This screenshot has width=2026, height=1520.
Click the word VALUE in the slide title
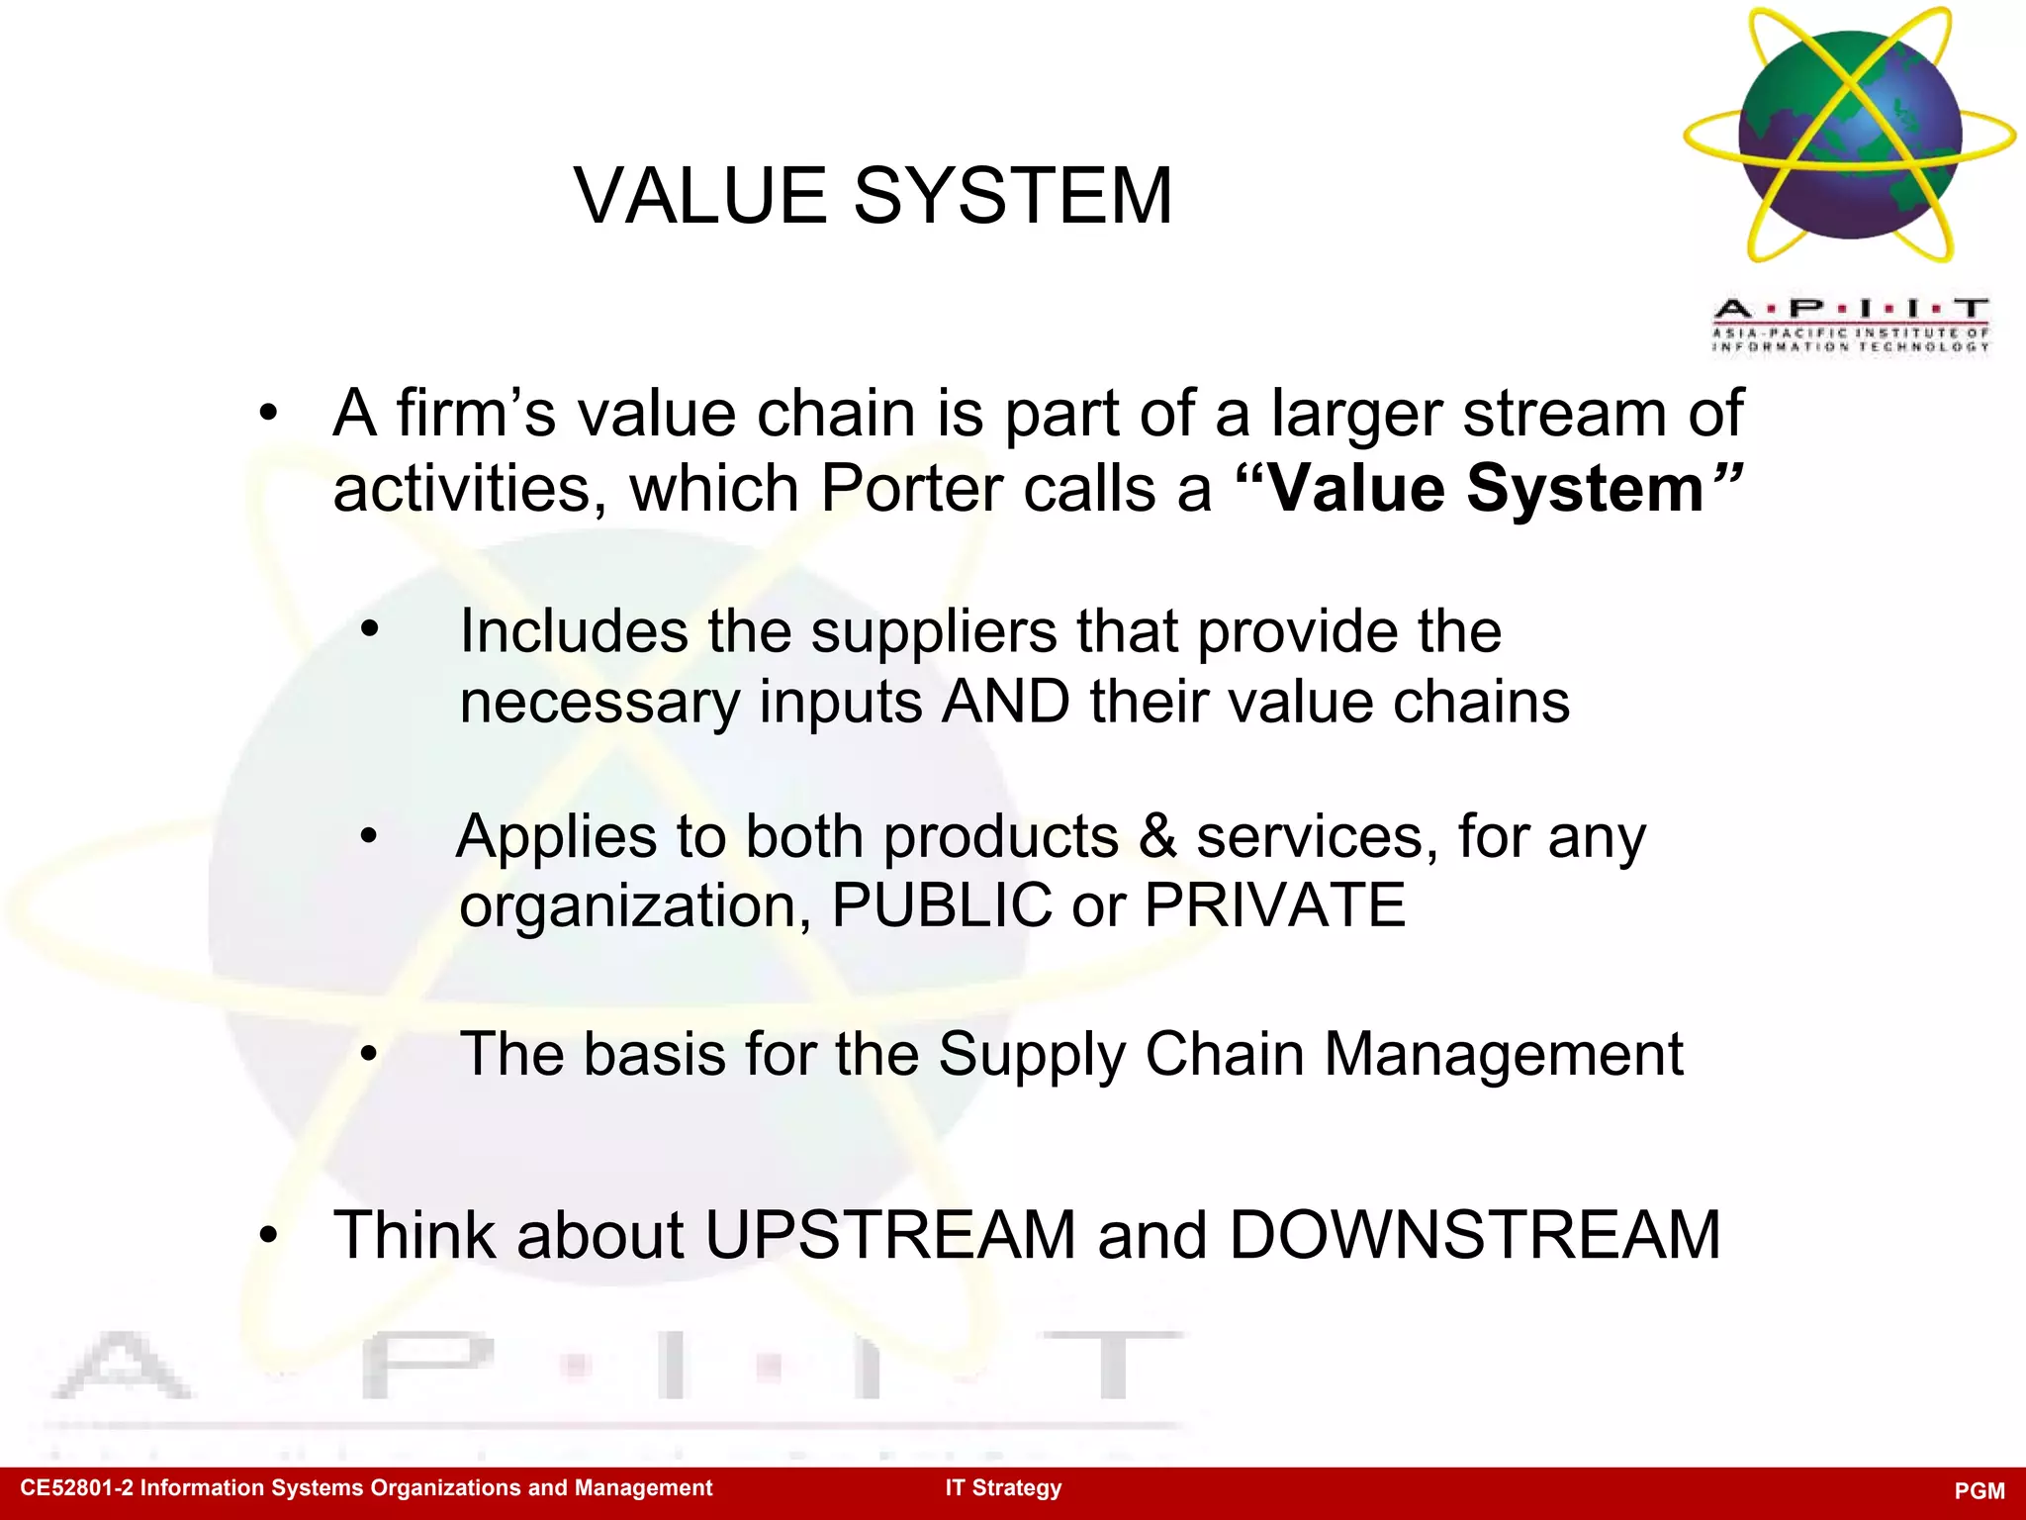[x=700, y=196]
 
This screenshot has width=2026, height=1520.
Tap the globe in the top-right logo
[x=1849, y=135]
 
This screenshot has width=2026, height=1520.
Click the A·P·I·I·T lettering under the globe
[x=1849, y=309]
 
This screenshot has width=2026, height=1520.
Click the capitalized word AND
[x=1005, y=702]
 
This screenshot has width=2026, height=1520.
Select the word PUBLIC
[x=942, y=904]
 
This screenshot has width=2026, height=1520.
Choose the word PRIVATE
[x=1274, y=904]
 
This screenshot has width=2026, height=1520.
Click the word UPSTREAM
[x=889, y=1235]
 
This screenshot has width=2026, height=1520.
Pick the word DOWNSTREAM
[x=1474, y=1235]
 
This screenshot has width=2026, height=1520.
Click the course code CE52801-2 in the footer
[x=75, y=1488]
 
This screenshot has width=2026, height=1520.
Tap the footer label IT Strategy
[x=1002, y=1488]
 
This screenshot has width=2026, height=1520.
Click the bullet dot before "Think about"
[x=268, y=1235]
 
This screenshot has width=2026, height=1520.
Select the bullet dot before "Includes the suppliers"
[x=370, y=630]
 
